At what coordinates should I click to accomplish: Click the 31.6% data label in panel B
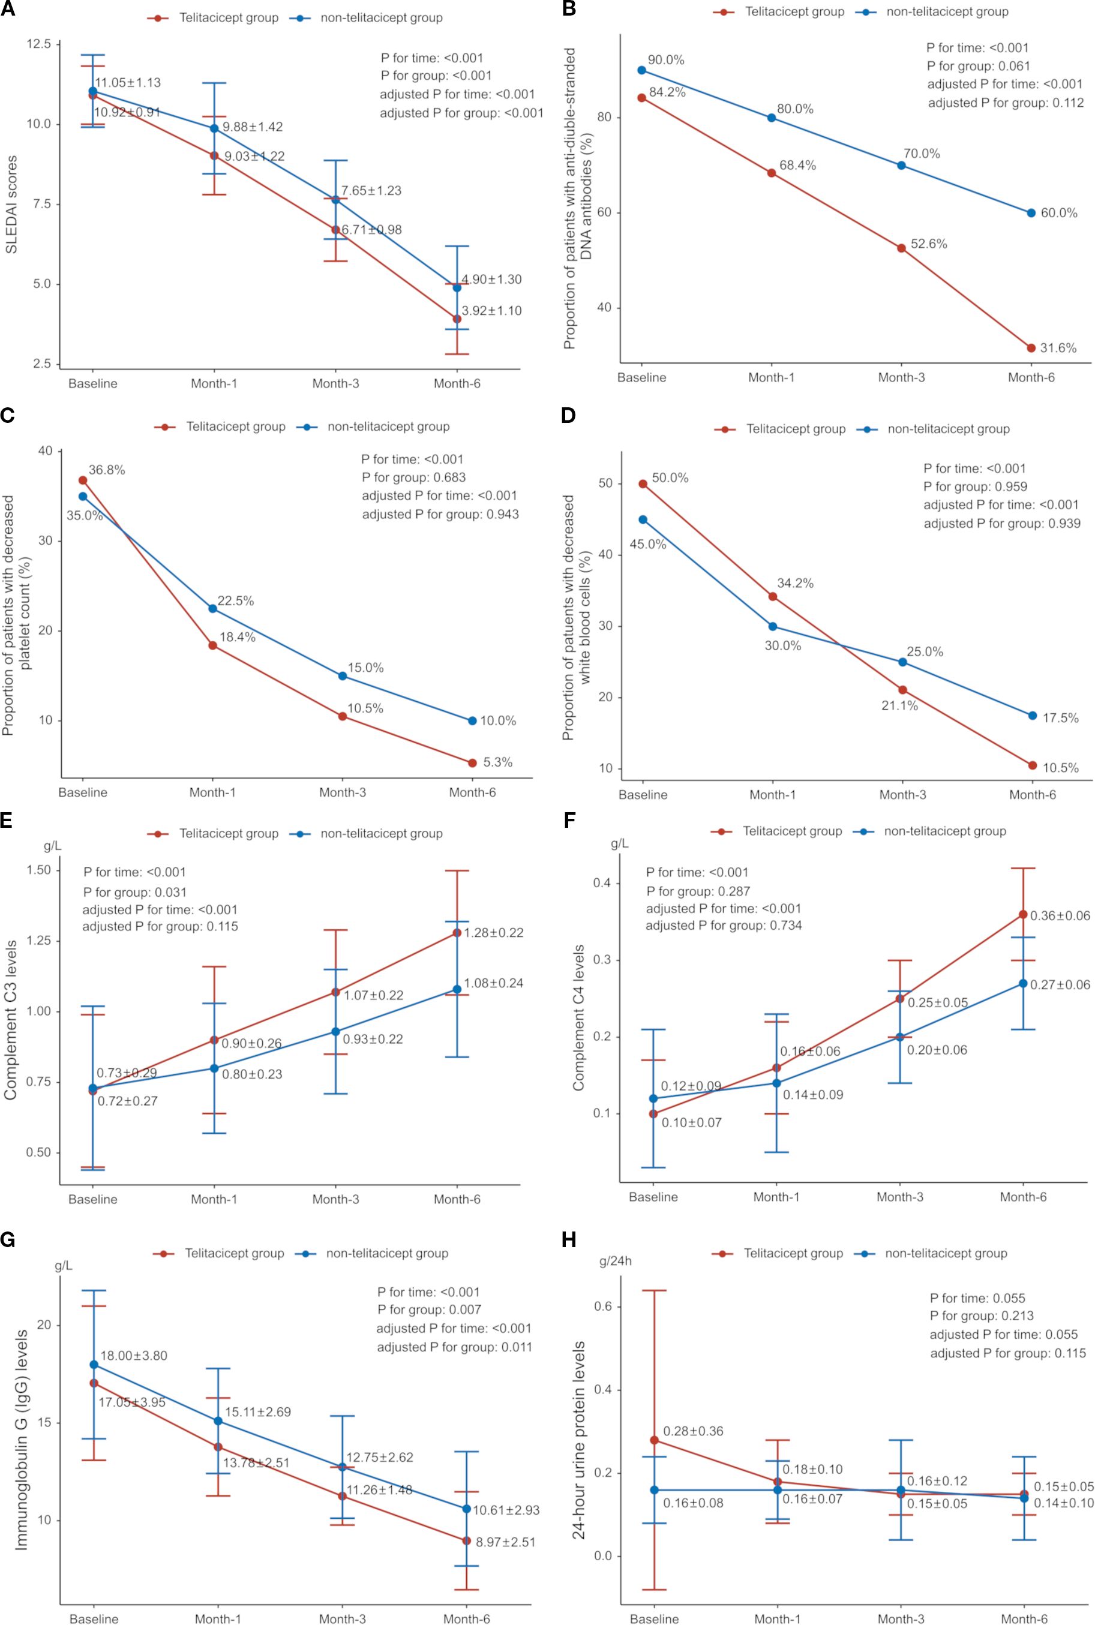(x=1058, y=348)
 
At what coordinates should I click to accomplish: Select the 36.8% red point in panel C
(x=82, y=480)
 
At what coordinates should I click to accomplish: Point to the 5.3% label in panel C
(x=498, y=762)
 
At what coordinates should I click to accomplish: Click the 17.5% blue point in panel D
(x=1032, y=716)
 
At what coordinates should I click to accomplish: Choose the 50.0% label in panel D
(x=670, y=478)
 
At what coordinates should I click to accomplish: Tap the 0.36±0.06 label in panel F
(x=1060, y=916)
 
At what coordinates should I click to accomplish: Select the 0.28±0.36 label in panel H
(x=693, y=1431)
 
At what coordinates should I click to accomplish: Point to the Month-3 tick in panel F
(x=899, y=1197)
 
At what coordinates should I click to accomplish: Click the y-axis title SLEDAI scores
(x=11, y=204)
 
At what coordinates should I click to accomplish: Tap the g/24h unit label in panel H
(x=615, y=1261)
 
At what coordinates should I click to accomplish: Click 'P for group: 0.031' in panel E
(x=135, y=892)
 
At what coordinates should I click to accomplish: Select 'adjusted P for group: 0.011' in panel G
(x=454, y=1347)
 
